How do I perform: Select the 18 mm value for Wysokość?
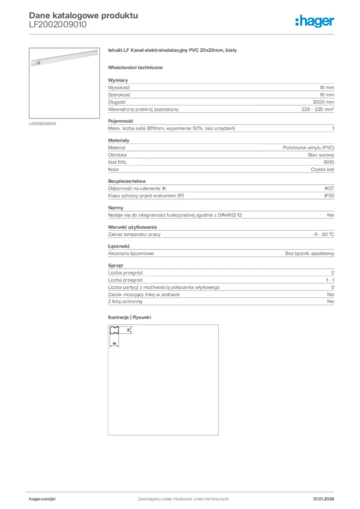pos(327,87)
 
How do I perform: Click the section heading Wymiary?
pos(118,80)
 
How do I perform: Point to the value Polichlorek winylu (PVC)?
pos(308,148)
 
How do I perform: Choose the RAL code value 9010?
pos(329,163)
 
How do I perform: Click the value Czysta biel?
pos(322,170)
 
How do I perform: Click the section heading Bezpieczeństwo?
pos(127,181)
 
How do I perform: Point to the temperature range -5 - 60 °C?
pos(320,234)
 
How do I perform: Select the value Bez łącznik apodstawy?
pos(309,254)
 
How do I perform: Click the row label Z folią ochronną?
pos(125,302)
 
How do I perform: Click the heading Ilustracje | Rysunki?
pos(129,317)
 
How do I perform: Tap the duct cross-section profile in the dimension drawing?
pos(115,330)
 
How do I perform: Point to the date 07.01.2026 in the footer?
pos(324,499)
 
